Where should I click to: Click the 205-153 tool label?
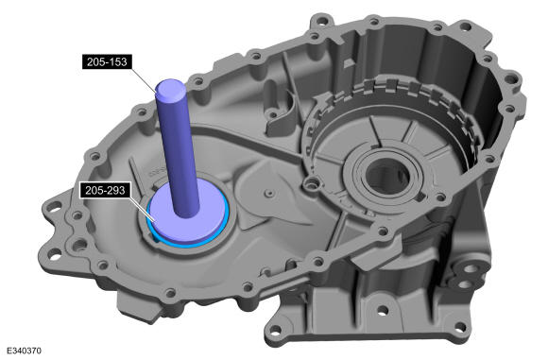point(107,61)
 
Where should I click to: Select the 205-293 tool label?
point(105,191)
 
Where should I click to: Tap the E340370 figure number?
point(24,351)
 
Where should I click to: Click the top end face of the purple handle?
point(171,89)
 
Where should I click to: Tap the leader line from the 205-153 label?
point(143,79)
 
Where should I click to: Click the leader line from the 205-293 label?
point(143,209)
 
